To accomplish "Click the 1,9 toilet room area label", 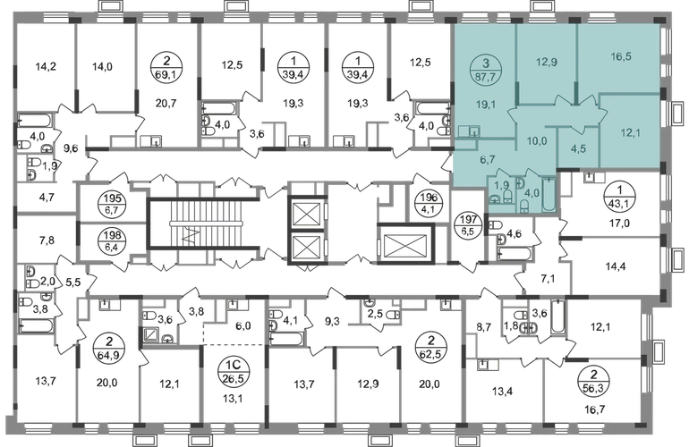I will point(502,188).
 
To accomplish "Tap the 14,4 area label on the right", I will point(611,266).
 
